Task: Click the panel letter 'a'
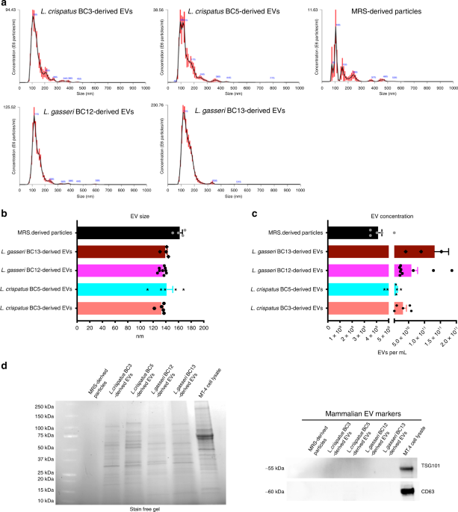5,4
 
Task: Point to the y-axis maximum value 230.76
161,105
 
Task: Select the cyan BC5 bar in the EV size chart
123,288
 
